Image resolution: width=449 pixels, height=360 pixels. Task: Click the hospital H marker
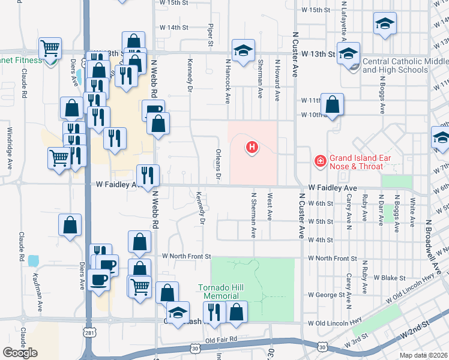click(x=253, y=146)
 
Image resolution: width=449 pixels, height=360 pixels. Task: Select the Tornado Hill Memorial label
click(x=221, y=292)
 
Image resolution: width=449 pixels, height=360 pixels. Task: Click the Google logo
click(x=20, y=352)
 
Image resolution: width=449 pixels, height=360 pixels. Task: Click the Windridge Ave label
click(x=10, y=148)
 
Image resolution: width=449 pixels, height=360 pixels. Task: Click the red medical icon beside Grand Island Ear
click(x=321, y=161)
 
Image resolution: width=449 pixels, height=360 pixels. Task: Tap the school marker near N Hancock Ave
click(x=243, y=50)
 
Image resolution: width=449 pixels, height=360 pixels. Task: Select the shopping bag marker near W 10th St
click(x=332, y=105)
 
